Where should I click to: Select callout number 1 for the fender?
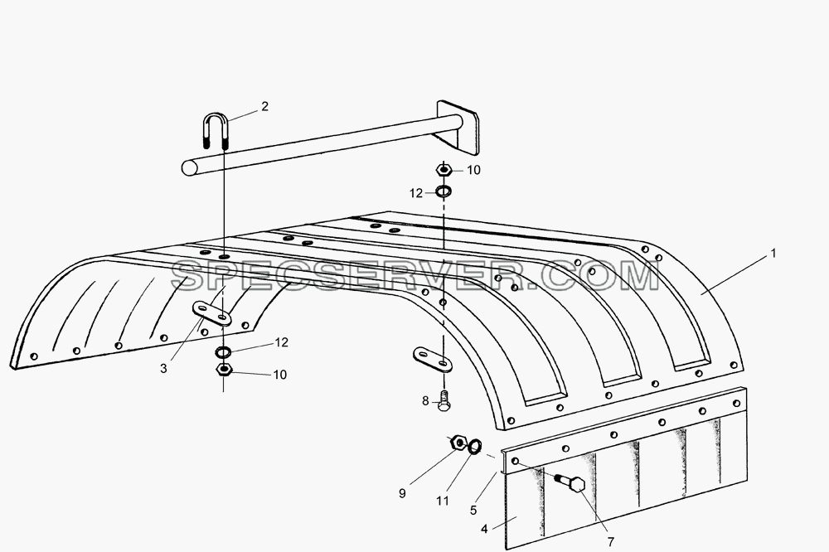tap(773, 254)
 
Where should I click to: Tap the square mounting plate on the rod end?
tap(458, 128)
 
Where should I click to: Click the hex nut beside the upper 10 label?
tap(443, 170)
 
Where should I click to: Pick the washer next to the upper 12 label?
tap(444, 191)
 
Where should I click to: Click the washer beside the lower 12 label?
tap(222, 351)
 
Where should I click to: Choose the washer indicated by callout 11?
tap(475, 446)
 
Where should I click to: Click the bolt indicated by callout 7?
tap(570, 482)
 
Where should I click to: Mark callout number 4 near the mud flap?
tap(484, 529)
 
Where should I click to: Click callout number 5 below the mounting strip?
tap(473, 511)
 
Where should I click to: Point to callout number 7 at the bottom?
tap(611, 542)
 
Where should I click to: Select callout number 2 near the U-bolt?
tap(265, 106)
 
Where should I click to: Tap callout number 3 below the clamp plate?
tap(163, 369)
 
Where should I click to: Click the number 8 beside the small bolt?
tap(425, 401)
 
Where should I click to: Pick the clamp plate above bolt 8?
tap(434, 359)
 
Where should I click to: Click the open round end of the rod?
tap(189, 167)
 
